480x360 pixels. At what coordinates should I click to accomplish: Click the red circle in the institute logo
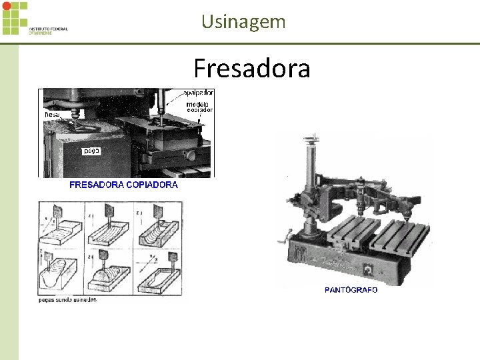(7, 6)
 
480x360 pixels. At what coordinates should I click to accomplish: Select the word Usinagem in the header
(243, 21)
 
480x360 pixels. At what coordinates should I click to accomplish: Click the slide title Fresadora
(251, 68)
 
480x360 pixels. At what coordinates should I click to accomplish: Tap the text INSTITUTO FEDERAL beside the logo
(48, 29)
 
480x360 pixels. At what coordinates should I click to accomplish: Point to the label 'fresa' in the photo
(52, 115)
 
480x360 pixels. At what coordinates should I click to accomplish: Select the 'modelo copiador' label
(198, 107)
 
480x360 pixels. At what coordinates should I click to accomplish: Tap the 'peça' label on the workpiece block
(91, 151)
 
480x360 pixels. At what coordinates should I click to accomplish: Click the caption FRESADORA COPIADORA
(124, 185)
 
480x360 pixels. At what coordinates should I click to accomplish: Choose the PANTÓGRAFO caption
(351, 290)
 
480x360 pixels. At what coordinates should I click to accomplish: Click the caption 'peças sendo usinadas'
(67, 300)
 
